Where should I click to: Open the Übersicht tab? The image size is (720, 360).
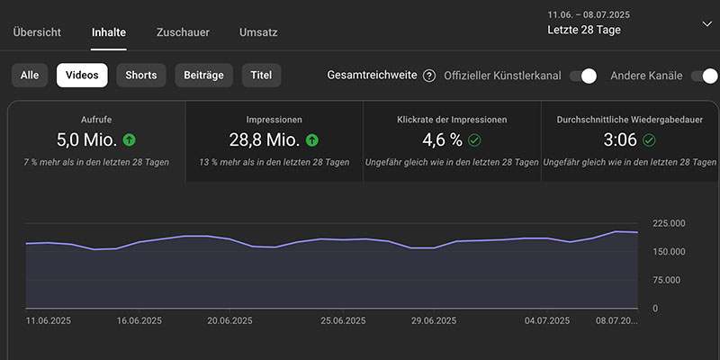pyautogui.click(x=37, y=32)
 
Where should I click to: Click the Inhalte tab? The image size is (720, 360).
pyautogui.click(x=109, y=32)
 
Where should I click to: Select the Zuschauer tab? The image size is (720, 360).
pyautogui.click(x=183, y=32)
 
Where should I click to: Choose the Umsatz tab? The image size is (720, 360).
pyautogui.click(x=258, y=32)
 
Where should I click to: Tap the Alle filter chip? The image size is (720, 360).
pyautogui.click(x=30, y=76)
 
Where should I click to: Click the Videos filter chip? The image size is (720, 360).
pyautogui.click(x=82, y=76)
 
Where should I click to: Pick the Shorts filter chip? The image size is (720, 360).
pyautogui.click(x=140, y=76)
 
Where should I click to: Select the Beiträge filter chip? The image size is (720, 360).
pyautogui.click(x=204, y=76)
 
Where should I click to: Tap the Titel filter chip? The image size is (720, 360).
pyautogui.click(x=262, y=76)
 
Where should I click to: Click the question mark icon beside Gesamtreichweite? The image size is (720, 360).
pyautogui.click(x=429, y=76)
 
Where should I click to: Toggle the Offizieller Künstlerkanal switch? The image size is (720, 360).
pyautogui.click(x=583, y=76)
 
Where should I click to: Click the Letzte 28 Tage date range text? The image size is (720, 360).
pyautogui.click(x=583, y=30)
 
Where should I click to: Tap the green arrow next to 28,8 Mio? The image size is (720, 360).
pyautogui.click(x=312, y=139)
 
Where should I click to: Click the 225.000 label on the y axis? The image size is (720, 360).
pyautogui.click(x=668, y=224)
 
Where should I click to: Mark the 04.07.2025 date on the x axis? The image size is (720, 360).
pyautogui.click(x=547, y=320)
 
